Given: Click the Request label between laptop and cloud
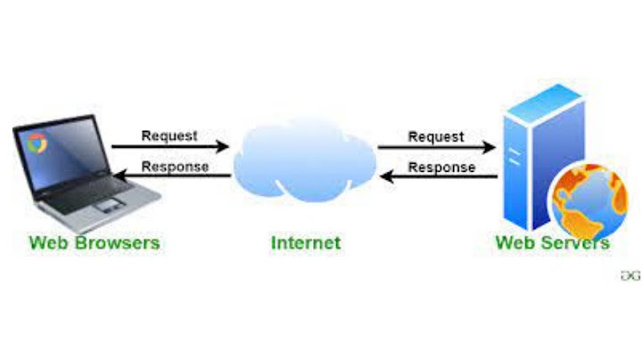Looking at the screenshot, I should click(x=169, y=136).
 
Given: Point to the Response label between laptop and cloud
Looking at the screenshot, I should click(x=175, y=166).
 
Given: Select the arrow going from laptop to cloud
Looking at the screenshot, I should click(x=169, y=148).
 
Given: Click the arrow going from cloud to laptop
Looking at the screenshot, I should click(x=169, y=176).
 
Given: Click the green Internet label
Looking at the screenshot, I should click(x=306, y=241).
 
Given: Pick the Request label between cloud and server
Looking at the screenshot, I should click(x=436, y=136).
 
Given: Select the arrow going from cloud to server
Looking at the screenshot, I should click(x=437, y=148).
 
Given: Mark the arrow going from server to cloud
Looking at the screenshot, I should click(x=437, y=176).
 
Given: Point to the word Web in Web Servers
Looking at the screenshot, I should click(x=514, y=242).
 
